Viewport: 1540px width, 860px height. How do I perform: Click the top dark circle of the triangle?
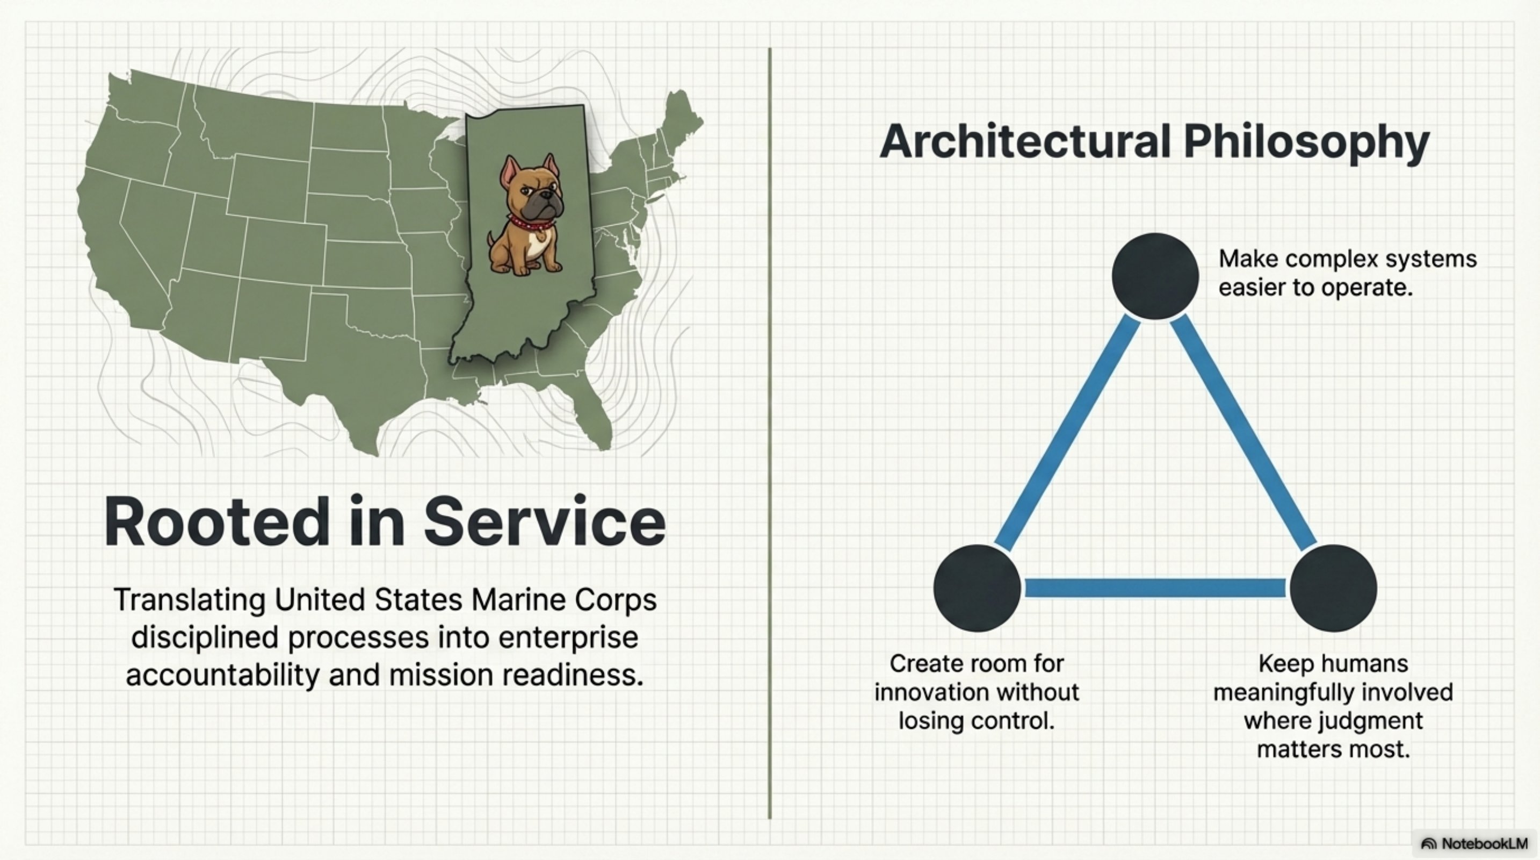(x=1155, y=276)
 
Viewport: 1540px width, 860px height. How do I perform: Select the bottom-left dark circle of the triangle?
(x=977, y=588)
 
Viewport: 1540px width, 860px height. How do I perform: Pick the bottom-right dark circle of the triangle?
(x=1333, y=588)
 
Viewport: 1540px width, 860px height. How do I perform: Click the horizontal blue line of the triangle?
(x=1155, y=588)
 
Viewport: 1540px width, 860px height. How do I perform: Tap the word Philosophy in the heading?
(x=1306, y=142)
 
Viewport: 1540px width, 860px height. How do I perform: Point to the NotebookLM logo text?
(x=1483, y=843)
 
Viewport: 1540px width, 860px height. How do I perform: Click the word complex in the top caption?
(x=1332, y=259)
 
